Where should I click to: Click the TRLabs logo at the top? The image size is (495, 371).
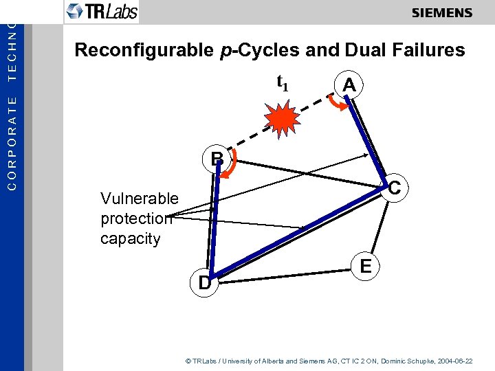point(101,11)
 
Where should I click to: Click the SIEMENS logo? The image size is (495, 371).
point(442,13)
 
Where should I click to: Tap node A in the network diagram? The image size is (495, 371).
point(349,85)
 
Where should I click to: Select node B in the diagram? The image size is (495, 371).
point(217,159)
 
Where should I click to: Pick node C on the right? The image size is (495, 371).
point(395,187)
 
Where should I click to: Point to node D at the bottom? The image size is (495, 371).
point(204,282)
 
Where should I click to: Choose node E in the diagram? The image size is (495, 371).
point(366,266)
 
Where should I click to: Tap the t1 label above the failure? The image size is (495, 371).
point(282,82)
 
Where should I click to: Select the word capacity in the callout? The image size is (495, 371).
point(130,239)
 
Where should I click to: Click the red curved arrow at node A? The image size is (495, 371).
point(335,101)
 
